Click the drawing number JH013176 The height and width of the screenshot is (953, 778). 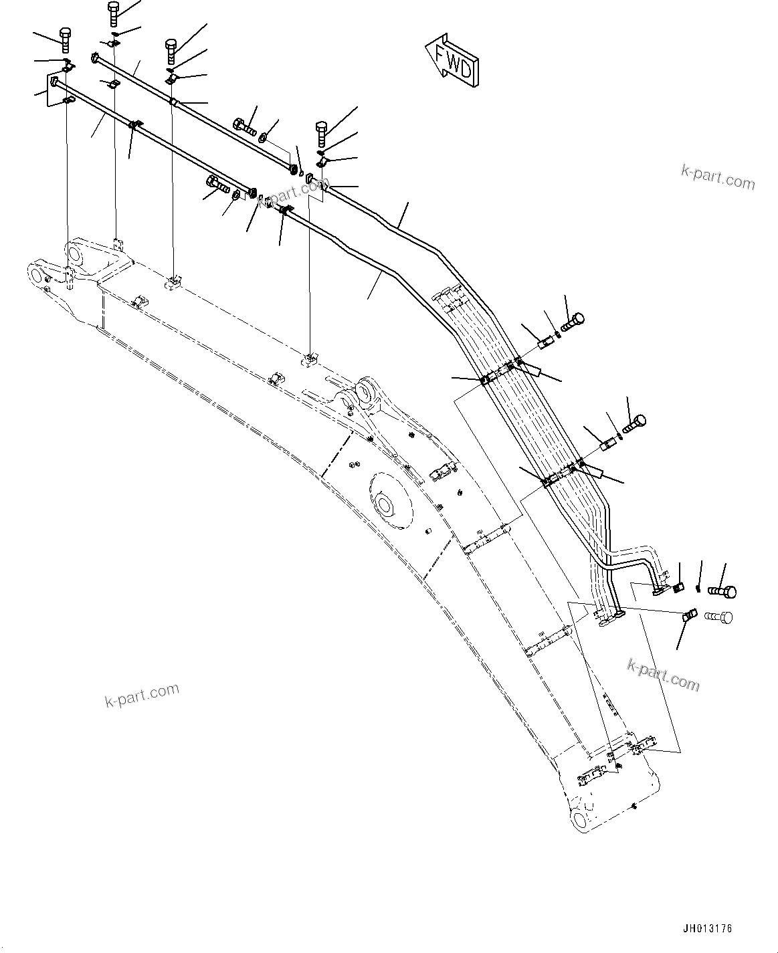click(707, 929)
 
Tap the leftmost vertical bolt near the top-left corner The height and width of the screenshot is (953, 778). click(66, 39)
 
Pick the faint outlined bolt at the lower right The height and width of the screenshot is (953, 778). click(719, 617)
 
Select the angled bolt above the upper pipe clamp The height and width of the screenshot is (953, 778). click(573, 322)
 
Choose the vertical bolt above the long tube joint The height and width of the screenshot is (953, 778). click(321, 134)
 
